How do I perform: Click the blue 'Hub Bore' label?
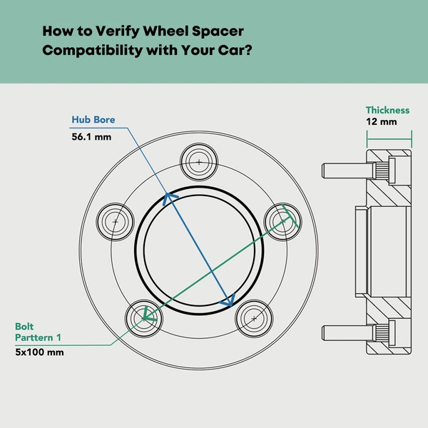point(93,120)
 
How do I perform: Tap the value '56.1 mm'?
point(91,136)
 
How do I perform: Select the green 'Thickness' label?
point(387,111)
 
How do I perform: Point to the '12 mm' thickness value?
point(381,122)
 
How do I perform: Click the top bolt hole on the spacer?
point(198,162)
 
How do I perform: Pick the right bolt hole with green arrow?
point(283,220)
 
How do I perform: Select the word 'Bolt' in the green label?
point(24,327)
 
